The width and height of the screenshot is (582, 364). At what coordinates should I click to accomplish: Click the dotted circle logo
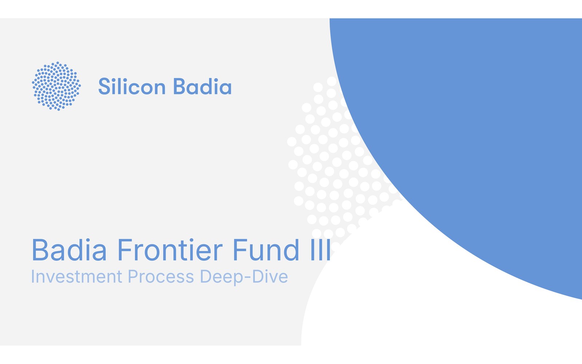click(x=56, y=86)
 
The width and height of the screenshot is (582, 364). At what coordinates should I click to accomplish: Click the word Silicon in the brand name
click(x=132, y=86)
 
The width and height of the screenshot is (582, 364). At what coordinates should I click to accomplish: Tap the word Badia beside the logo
click(x=202, y=86)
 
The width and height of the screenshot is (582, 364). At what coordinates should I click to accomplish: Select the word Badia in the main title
click(x=69, y=250)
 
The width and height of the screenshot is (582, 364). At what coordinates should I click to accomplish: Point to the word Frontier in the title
click(x=170, y=250)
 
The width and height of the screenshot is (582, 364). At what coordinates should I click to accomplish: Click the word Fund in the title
click(x=266, y=250)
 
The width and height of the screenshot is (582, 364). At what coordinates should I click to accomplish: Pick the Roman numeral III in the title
click(x=320, y=250)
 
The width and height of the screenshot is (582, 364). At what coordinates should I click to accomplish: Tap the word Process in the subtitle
click(x=161, y=276)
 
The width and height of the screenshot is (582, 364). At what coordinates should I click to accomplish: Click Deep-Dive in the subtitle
click(x=244, y=277)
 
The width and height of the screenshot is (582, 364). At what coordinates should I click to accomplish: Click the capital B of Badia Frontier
click(x=40, y=250)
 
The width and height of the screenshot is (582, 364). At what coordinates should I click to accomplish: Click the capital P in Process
click(x=133, y=276)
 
